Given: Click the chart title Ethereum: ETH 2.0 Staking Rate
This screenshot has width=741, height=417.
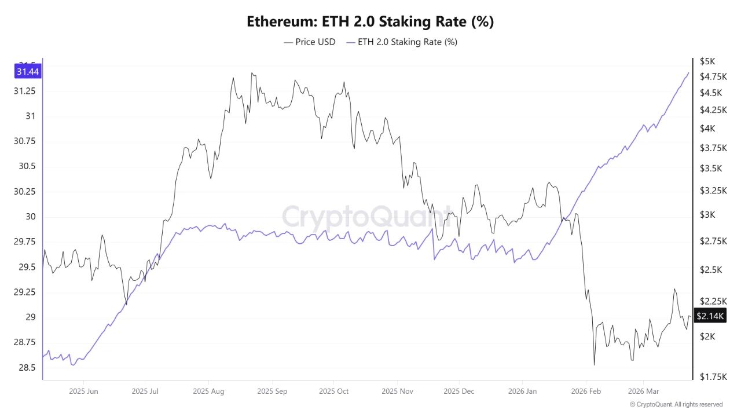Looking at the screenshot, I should [370, 22].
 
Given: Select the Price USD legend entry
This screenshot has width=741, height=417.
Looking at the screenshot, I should [310, 42].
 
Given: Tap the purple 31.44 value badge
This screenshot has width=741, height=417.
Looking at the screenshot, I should [28, 72].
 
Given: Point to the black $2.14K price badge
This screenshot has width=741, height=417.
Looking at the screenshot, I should [710, 316].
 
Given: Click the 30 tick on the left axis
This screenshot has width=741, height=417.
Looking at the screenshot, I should [29, 217].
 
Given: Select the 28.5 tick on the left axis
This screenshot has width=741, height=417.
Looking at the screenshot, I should [26, 367].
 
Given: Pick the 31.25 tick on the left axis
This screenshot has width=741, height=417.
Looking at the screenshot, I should [24, 92].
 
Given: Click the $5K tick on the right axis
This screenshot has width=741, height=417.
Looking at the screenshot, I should [707, 61].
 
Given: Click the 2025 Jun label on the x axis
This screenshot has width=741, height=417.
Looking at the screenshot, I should [83, 392].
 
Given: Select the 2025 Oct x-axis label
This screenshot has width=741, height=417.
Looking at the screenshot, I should [334, 392].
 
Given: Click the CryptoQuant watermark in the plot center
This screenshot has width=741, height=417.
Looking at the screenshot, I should [366, 217].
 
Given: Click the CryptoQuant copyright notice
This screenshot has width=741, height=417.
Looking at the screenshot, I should [676, 404].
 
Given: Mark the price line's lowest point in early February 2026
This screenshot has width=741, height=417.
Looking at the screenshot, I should [594, 365].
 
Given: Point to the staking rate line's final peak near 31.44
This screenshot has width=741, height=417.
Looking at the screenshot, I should [688, 73].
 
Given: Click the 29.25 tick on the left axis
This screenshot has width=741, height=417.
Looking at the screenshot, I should [24, 292].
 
